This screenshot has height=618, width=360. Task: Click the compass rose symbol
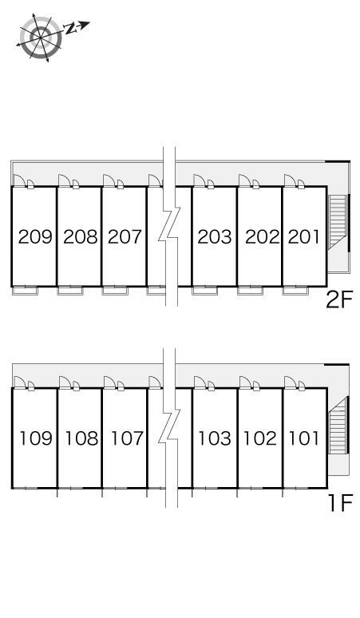coord(41,38)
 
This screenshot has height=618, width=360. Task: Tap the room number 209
coord(35,237)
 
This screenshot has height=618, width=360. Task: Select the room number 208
coord(81,237)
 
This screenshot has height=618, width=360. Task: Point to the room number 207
coord(125,237)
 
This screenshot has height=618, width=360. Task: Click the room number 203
coord(215,237)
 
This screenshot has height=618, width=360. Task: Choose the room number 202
coord(263,237)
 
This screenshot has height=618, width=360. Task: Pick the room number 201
coord(304,237)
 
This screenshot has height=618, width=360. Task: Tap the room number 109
coord(36,438)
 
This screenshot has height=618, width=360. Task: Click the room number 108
coord(81,438)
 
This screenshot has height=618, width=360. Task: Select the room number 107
coord(127,438)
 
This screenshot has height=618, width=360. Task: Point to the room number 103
coord(214,438)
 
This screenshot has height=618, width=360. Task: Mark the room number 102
coord(260,438)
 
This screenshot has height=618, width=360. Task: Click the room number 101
coord(304,438)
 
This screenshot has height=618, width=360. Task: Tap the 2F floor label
coord(339,299)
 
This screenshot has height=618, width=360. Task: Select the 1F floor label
coord(340,503)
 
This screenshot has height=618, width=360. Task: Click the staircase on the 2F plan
coord(338,221)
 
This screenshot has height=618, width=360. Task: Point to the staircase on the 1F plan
coord(338,426)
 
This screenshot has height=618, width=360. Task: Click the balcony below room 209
coord(26,291)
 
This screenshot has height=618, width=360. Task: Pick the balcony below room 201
coord(295,291)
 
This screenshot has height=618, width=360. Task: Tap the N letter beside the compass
coord(70,29)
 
